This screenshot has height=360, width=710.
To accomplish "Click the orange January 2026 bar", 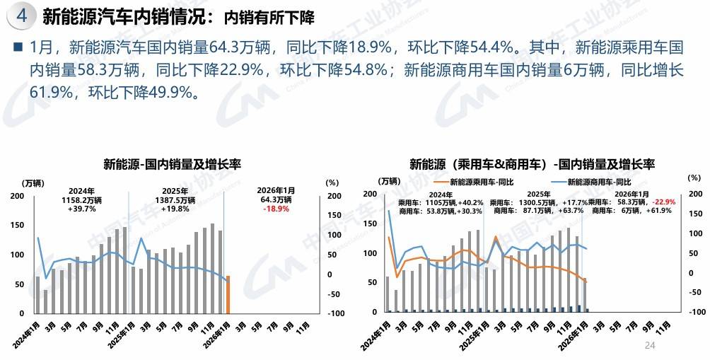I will pos(228,294).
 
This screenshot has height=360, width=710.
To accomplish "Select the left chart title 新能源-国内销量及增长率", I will pos(173,165).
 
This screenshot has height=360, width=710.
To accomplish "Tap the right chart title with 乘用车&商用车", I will pos(532,165).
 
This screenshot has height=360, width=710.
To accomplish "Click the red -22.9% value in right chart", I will pos(663,202).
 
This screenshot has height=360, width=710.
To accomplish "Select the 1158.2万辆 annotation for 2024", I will pos(81,200).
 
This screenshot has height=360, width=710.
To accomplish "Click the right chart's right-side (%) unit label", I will pos(693,178).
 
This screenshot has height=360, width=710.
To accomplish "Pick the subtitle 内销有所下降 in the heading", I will pos(268,16).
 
